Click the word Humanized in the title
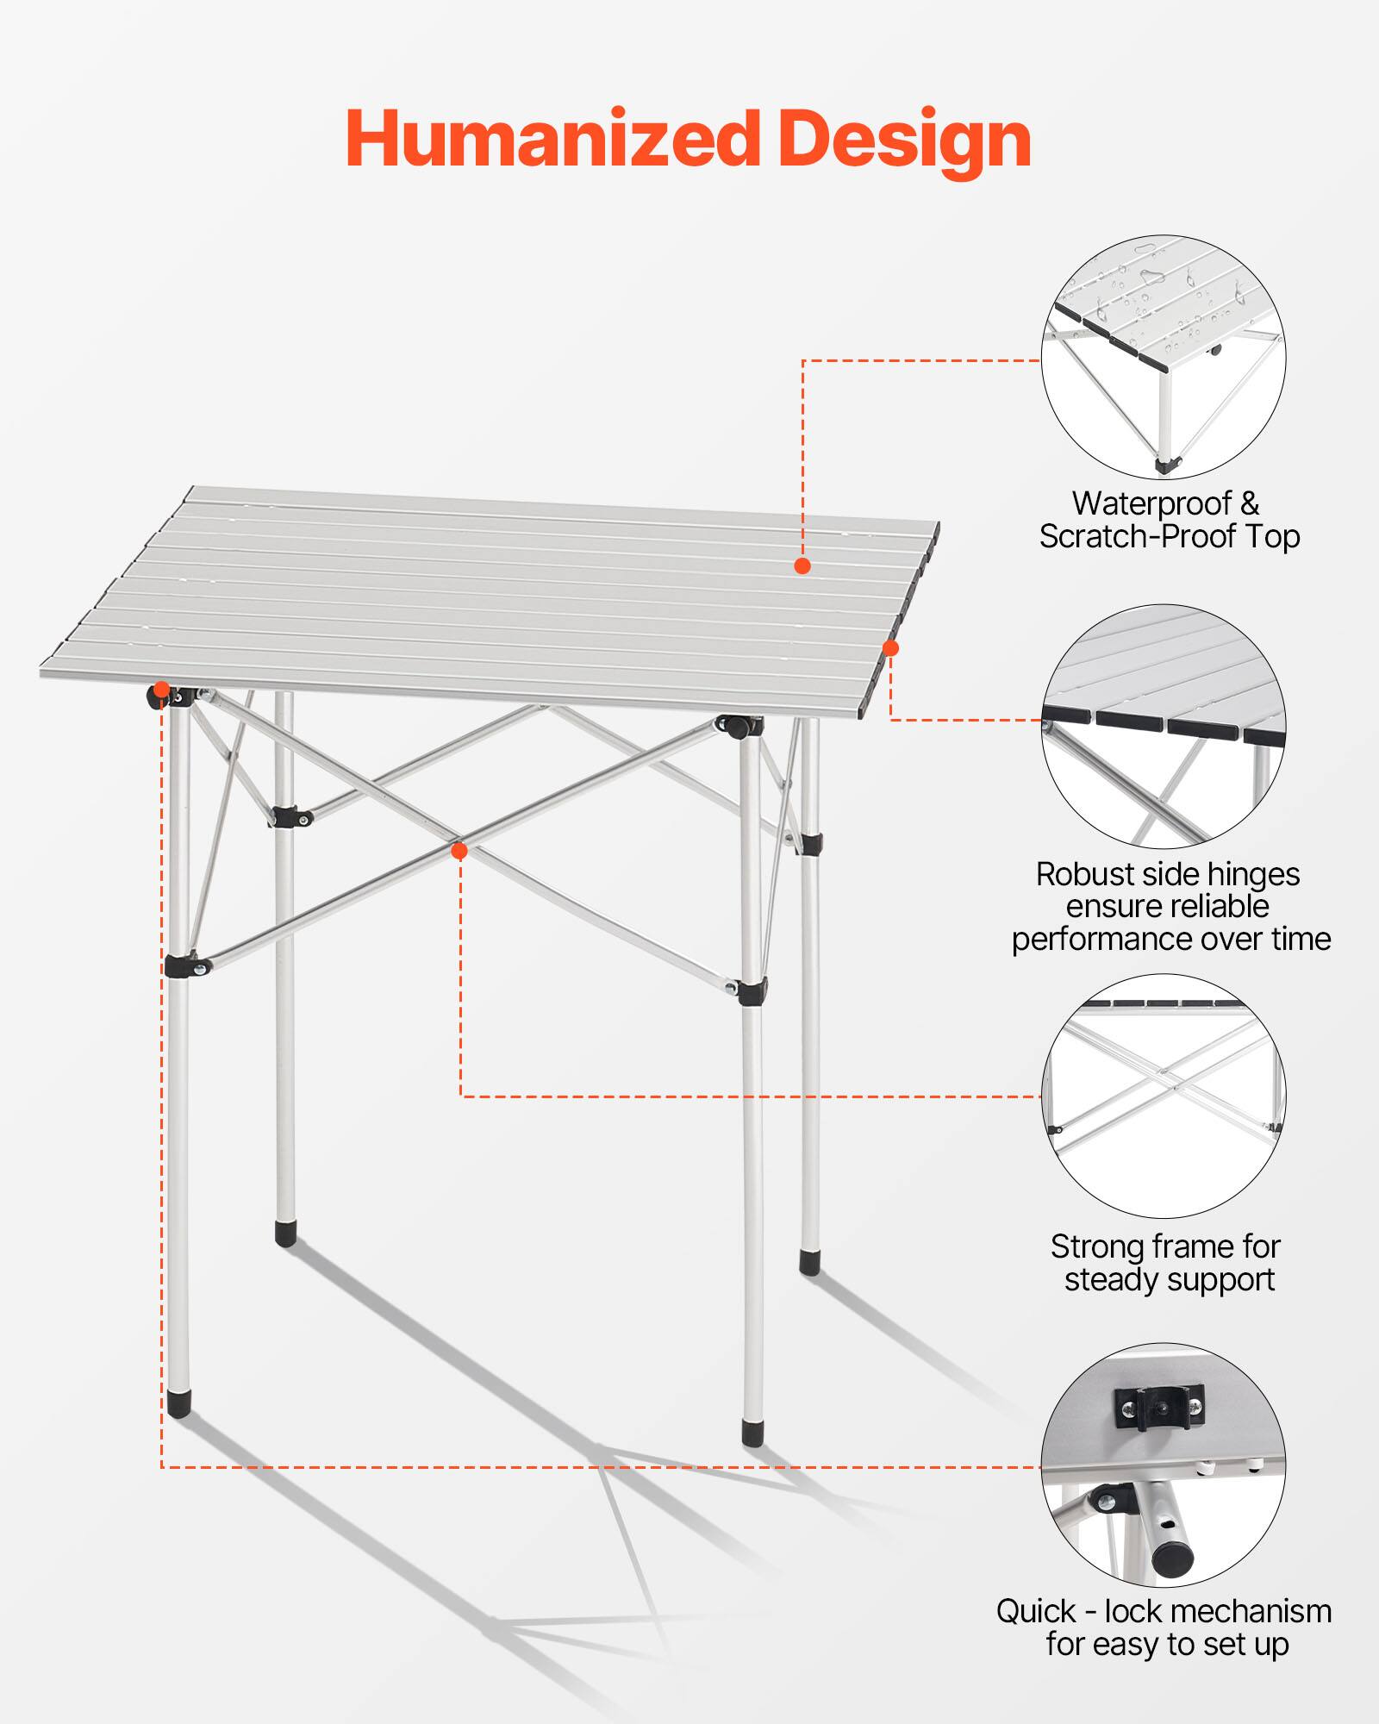[x=552, y=140]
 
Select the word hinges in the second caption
[x=1241, y=874]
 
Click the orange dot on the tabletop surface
[x=802, y=565]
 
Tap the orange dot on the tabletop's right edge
[x=891, y=648]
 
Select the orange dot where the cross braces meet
[x=459, y=851]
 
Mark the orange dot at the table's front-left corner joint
[x=161, y=690]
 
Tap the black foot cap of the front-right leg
[x=752, y=1434]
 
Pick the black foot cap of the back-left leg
[x=285, y=1233]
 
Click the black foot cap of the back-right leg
[x=809, y=1263]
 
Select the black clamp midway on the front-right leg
[x=752, y=991]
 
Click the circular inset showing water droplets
[x=1164, y=357]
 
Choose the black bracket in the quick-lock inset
[x=1158, y=1409]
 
